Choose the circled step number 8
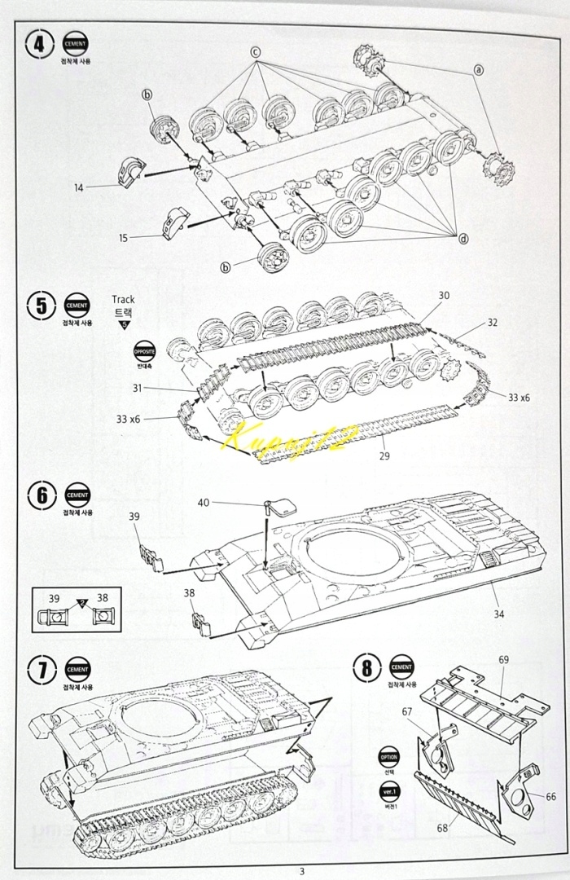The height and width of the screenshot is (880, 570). (x=366, y=670)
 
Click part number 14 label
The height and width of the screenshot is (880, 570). (x=78, y=188)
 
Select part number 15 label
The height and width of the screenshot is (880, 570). (x=123, y=238)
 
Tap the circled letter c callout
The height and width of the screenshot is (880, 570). (x=255, y=51)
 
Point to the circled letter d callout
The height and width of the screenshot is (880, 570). (x=463, y=238)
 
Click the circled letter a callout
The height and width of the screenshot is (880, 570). (x=479, y=70)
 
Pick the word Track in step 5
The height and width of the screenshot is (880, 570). (x=124, y=299)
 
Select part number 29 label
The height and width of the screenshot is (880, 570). (x=384, y=455)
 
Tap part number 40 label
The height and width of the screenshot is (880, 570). (x=203, y=503)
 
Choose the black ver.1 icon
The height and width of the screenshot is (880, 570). (x=388, y=791)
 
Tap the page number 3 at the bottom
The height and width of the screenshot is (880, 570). (x=301, y=871)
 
